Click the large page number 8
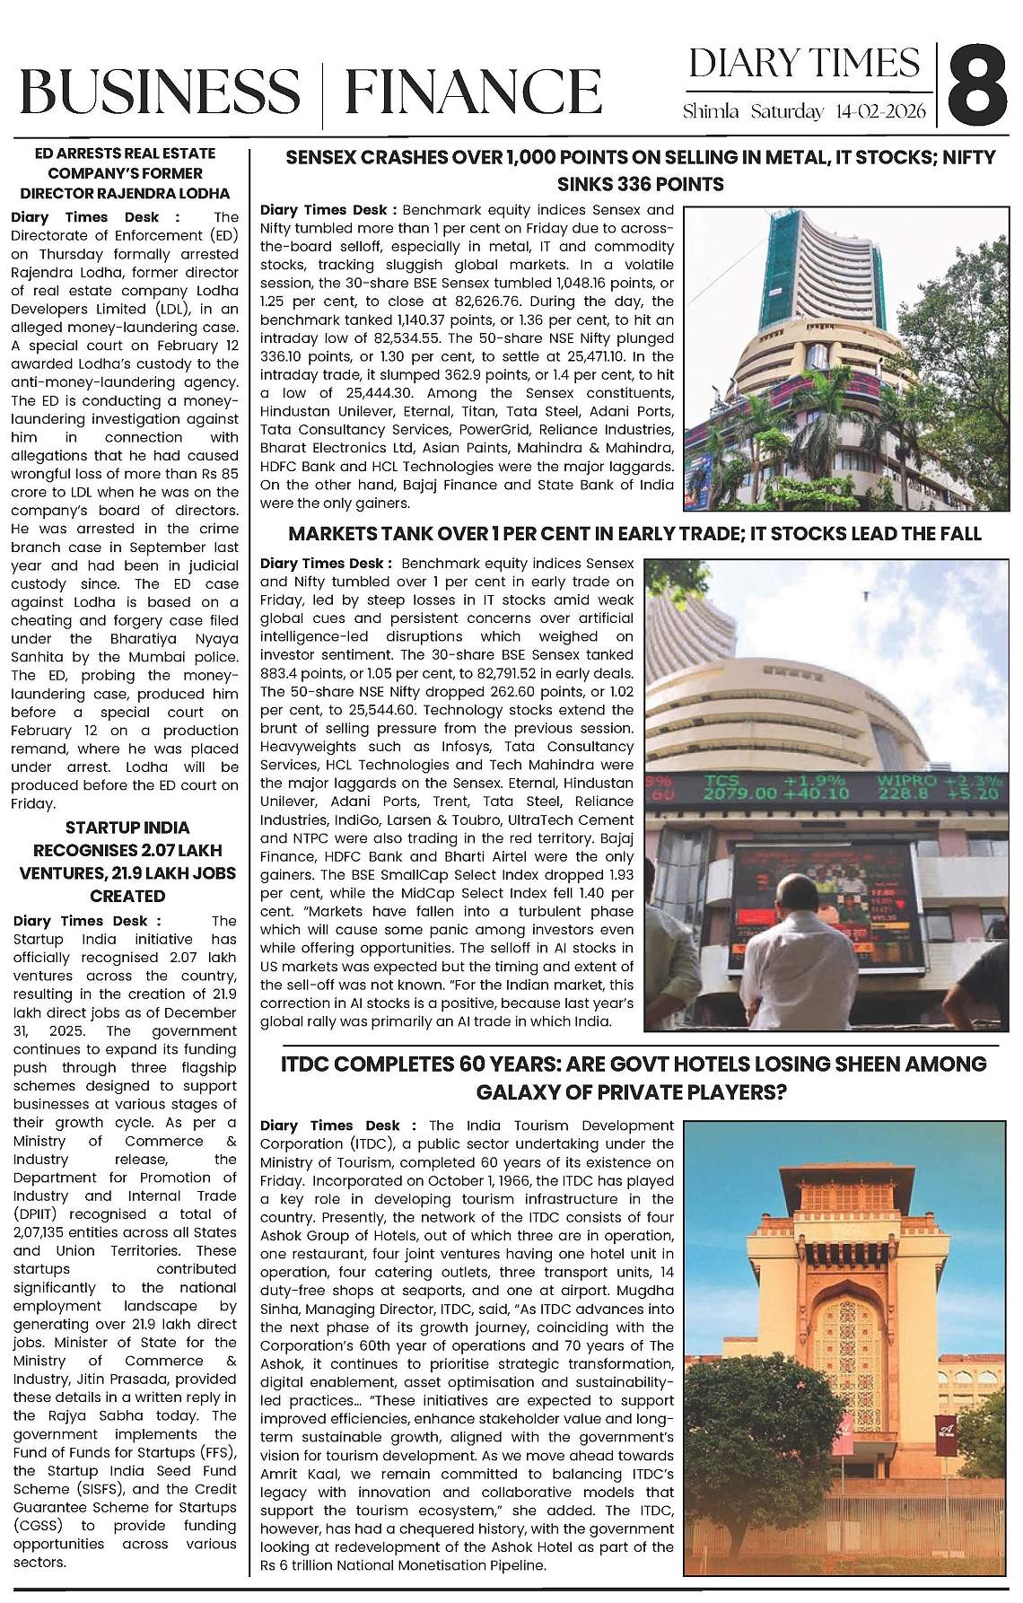[x=976, y=86]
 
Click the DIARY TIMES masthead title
[x=804, y=64]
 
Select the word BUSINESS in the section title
[x=160, y=92]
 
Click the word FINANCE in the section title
[x=472, y=92]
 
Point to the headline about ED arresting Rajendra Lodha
[x=125, y=173]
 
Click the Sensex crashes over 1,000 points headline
[x=640, y=171]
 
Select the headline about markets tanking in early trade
[x=634, y=534]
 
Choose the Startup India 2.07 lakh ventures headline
[x=127, y=862]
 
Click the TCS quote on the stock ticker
[x=775, y=787]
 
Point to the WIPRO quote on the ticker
[x=937, y=787]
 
